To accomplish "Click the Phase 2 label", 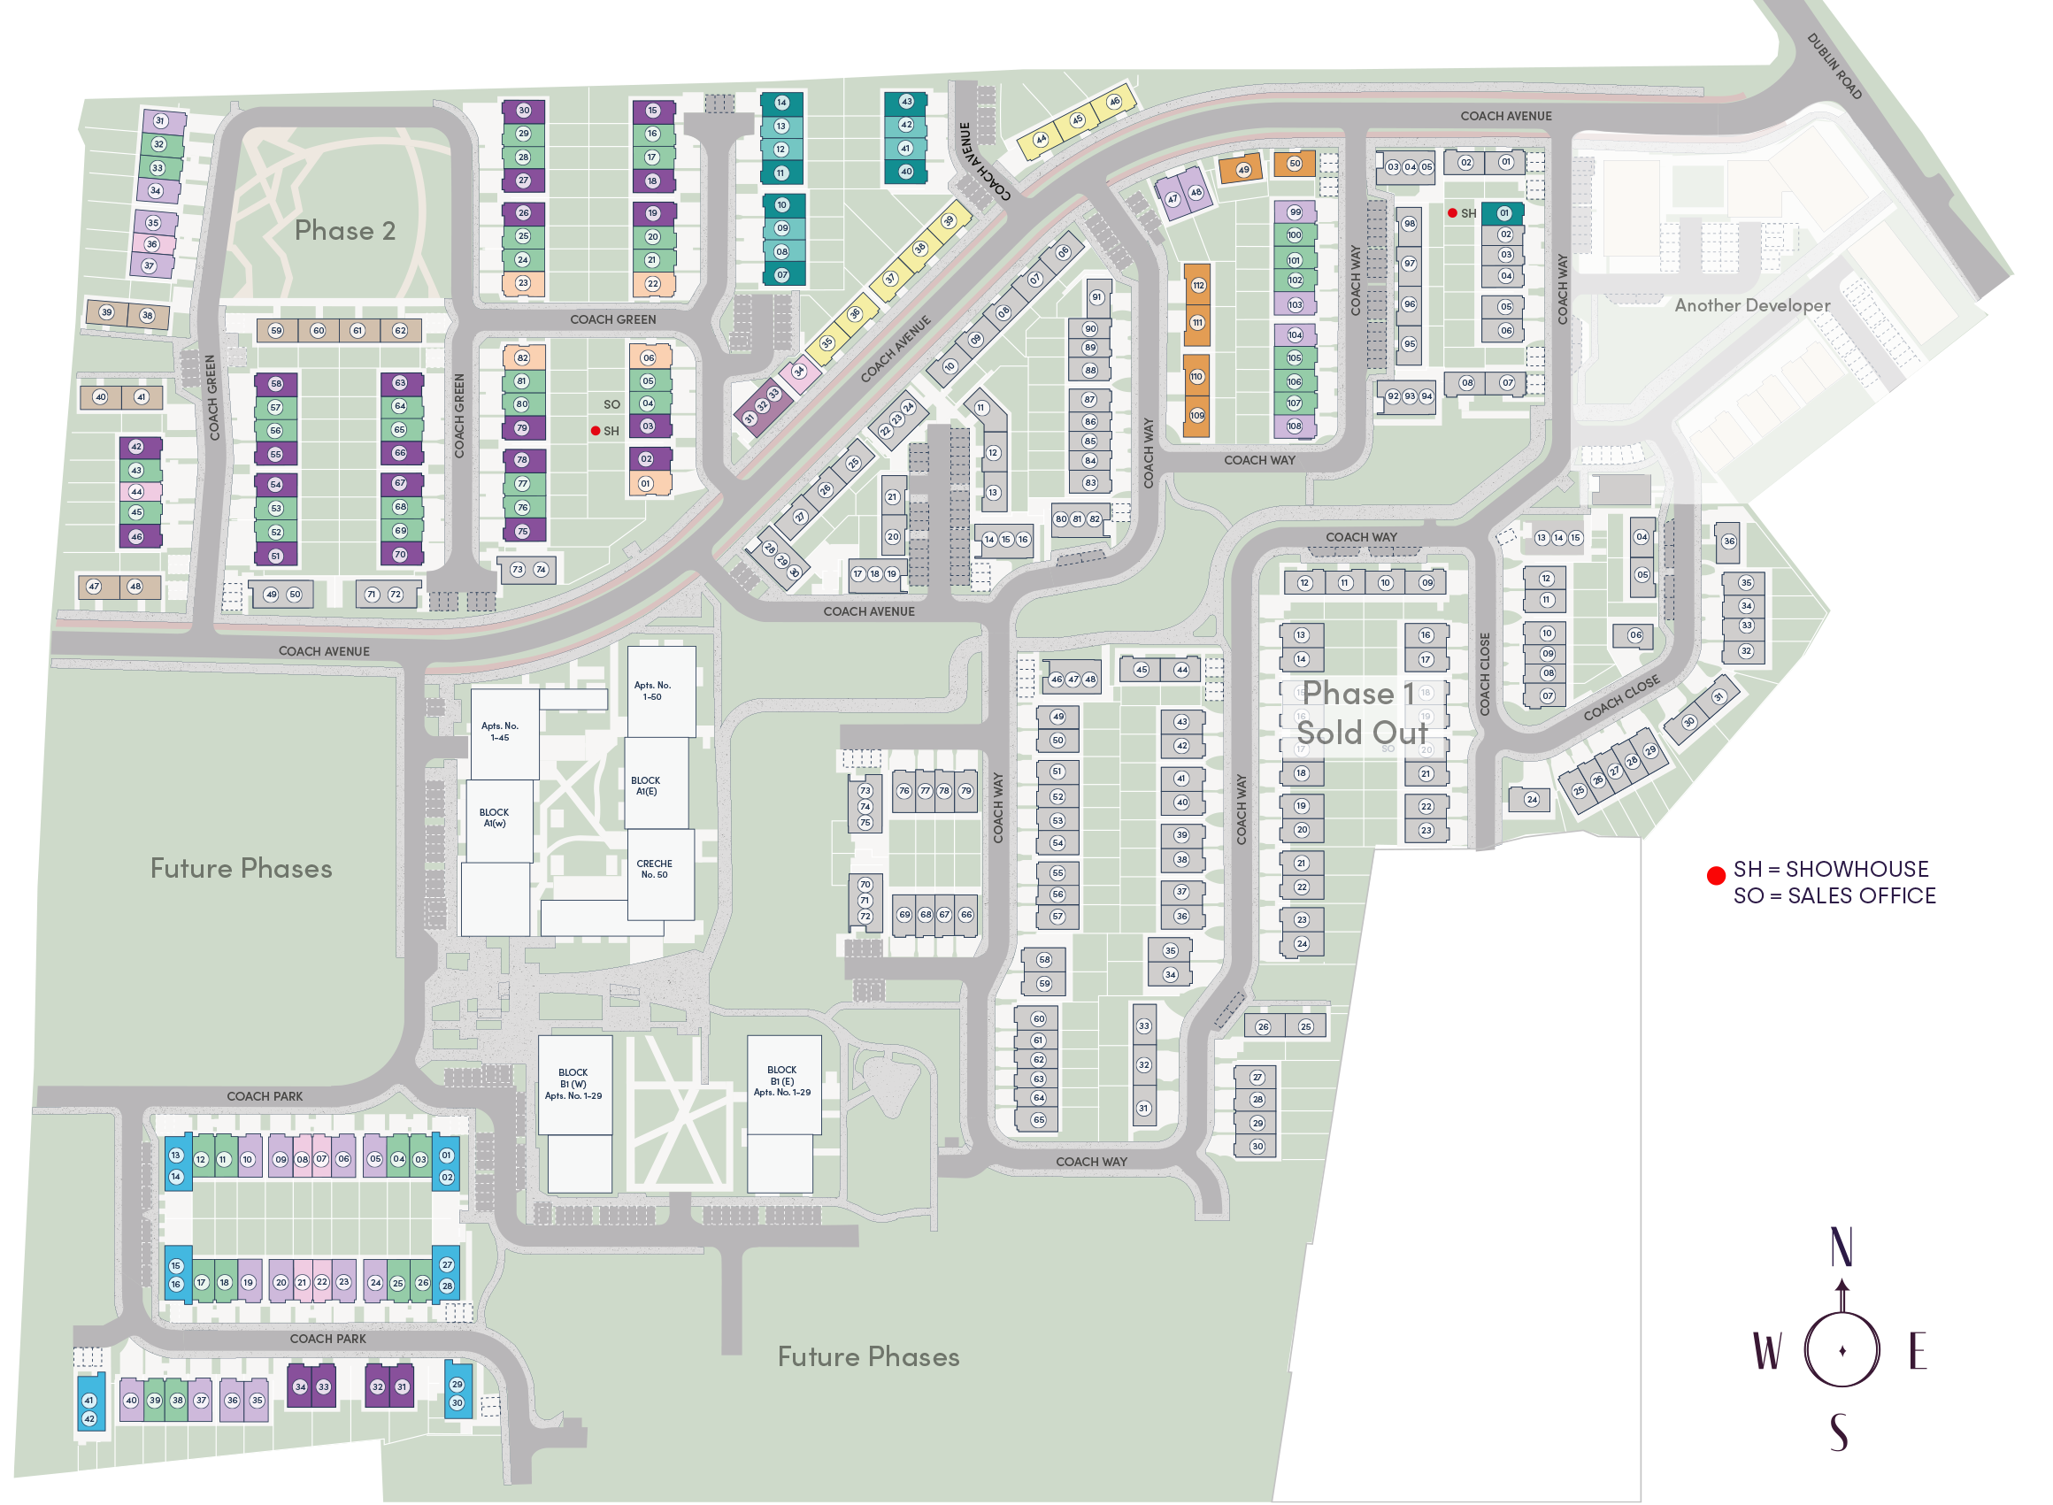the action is (x=344, y=231).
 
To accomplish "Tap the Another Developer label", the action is (x=1750, y=305).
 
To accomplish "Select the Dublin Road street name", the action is (x=1834, y=66).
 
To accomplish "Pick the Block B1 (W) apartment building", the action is (x=574, y=1085).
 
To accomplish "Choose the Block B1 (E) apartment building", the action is (x=783, y=1082).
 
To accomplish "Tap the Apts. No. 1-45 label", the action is (x=499, y=733).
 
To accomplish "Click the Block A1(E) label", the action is (x=645, y=787).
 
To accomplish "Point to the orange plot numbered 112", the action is (x=1197, y=286).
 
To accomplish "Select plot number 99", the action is (x=1295, y=212).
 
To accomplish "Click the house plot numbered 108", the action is (x=1295, y=426).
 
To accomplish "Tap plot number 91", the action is (x=1097, y=297).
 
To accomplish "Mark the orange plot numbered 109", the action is (x=1196, y=416).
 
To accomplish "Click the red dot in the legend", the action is (x=1716, y=877).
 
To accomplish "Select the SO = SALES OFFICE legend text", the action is (x=1834, y=896).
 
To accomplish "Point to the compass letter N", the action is (x=1841, y=1248).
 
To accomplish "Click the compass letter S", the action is (x=1840, y=1433).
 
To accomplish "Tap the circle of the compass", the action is (x=1842, y=1350).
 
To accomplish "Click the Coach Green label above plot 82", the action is (x=612, y=319).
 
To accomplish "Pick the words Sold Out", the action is (x=1361, y=733).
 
